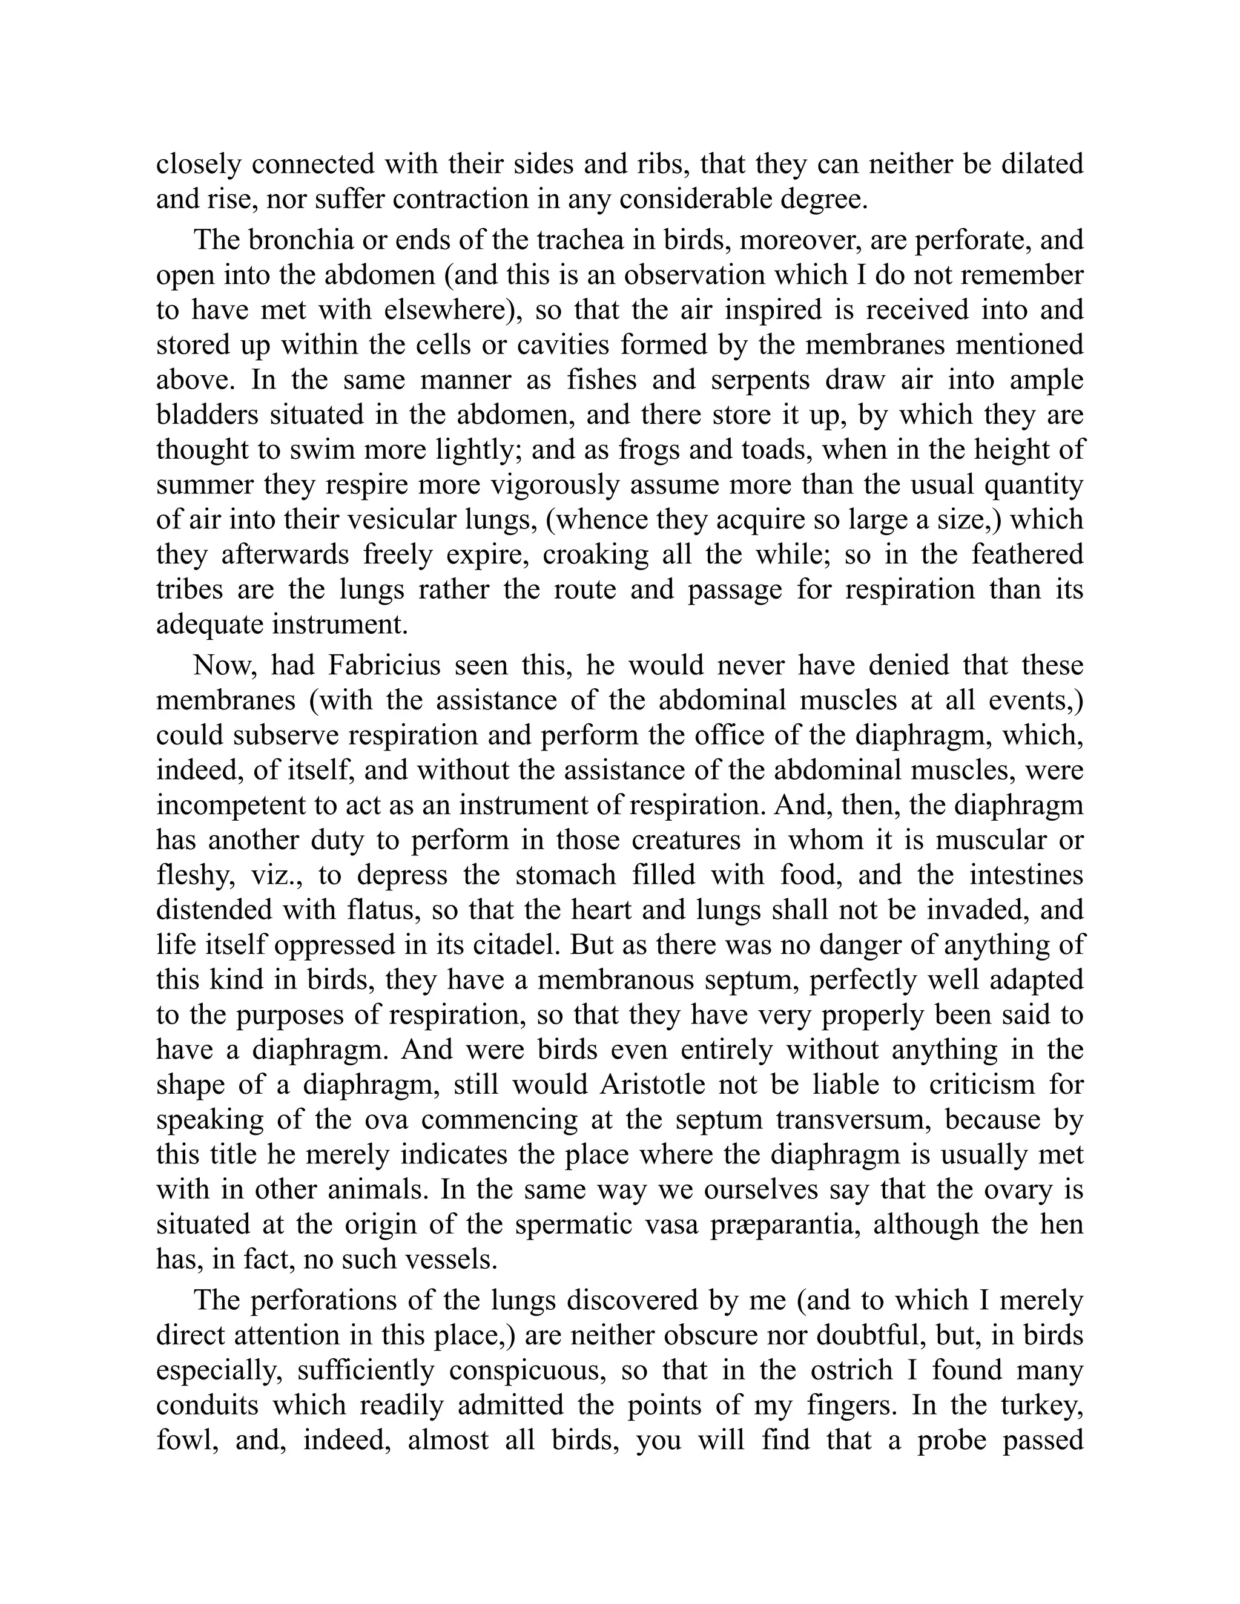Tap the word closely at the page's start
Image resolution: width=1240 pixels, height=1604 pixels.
pos(199,163)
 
